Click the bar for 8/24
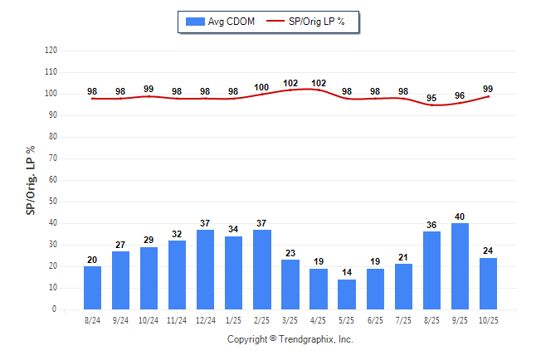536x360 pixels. coord(92,287)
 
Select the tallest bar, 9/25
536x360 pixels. coord(460,265)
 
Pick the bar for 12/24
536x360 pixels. coord(205,269)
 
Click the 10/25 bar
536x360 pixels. coord(488,283)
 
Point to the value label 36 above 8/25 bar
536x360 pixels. coord(431,225)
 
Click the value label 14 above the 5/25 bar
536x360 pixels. coord(347,272)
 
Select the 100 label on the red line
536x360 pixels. coord(261,87)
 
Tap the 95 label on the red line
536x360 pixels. coord(431,98)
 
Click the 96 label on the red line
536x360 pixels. coord(460,95)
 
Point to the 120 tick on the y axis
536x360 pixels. coord(51,51)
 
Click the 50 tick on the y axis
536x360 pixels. coord(52,202)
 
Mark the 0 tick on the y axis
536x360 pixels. coord(55,309)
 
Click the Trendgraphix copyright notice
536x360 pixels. coord(290,339)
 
